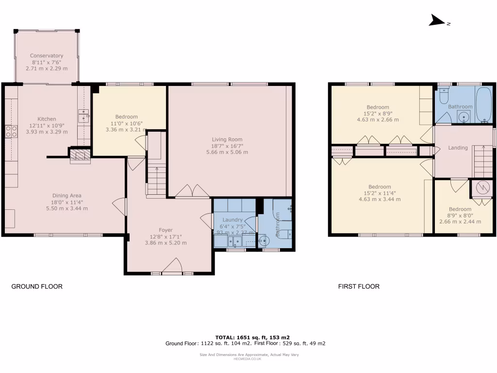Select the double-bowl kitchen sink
[83, 116]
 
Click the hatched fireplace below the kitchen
[80, 155]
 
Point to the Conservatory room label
[47, 56]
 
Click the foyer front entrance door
[172, 266]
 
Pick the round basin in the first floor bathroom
[463, 117]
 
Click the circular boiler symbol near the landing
[481, 188]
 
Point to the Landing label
[458, 148]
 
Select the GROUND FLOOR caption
[37, 287]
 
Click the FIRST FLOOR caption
[359, 287]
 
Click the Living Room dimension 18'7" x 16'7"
[230, 146]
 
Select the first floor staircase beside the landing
[483, 162]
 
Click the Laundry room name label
[232, 220]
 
